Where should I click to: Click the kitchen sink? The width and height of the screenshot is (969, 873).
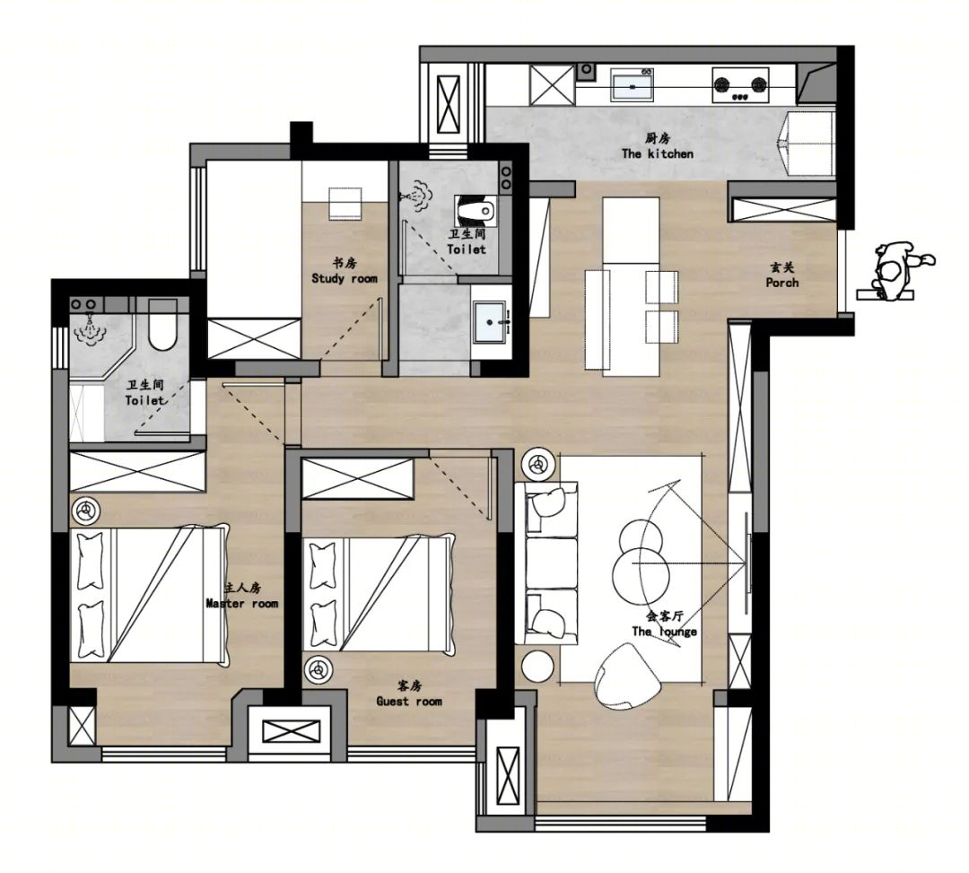633,84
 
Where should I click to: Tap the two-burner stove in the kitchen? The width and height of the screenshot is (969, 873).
740,84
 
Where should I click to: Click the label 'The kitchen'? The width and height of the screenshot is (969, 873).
658,153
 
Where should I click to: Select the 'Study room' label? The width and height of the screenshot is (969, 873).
345,279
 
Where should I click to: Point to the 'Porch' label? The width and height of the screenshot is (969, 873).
781,283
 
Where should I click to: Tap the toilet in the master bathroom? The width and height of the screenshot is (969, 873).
162,325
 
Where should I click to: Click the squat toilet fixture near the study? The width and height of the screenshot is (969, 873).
476,210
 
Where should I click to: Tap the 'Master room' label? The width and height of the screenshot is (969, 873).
242,603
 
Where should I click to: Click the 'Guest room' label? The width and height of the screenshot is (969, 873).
409,701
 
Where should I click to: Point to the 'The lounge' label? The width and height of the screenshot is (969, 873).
664,631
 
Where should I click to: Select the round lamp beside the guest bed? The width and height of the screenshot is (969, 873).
317,669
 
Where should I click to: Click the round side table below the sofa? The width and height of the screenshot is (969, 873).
537,666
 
